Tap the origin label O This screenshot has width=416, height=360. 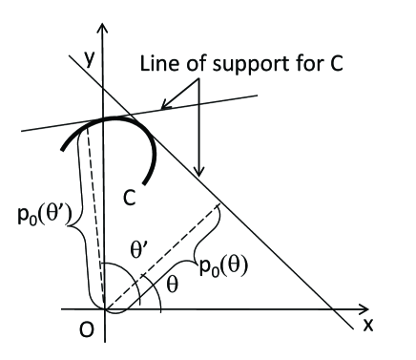point(85,332)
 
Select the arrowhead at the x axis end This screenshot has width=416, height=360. point(361,311)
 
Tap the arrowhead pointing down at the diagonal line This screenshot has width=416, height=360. point(201,172)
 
